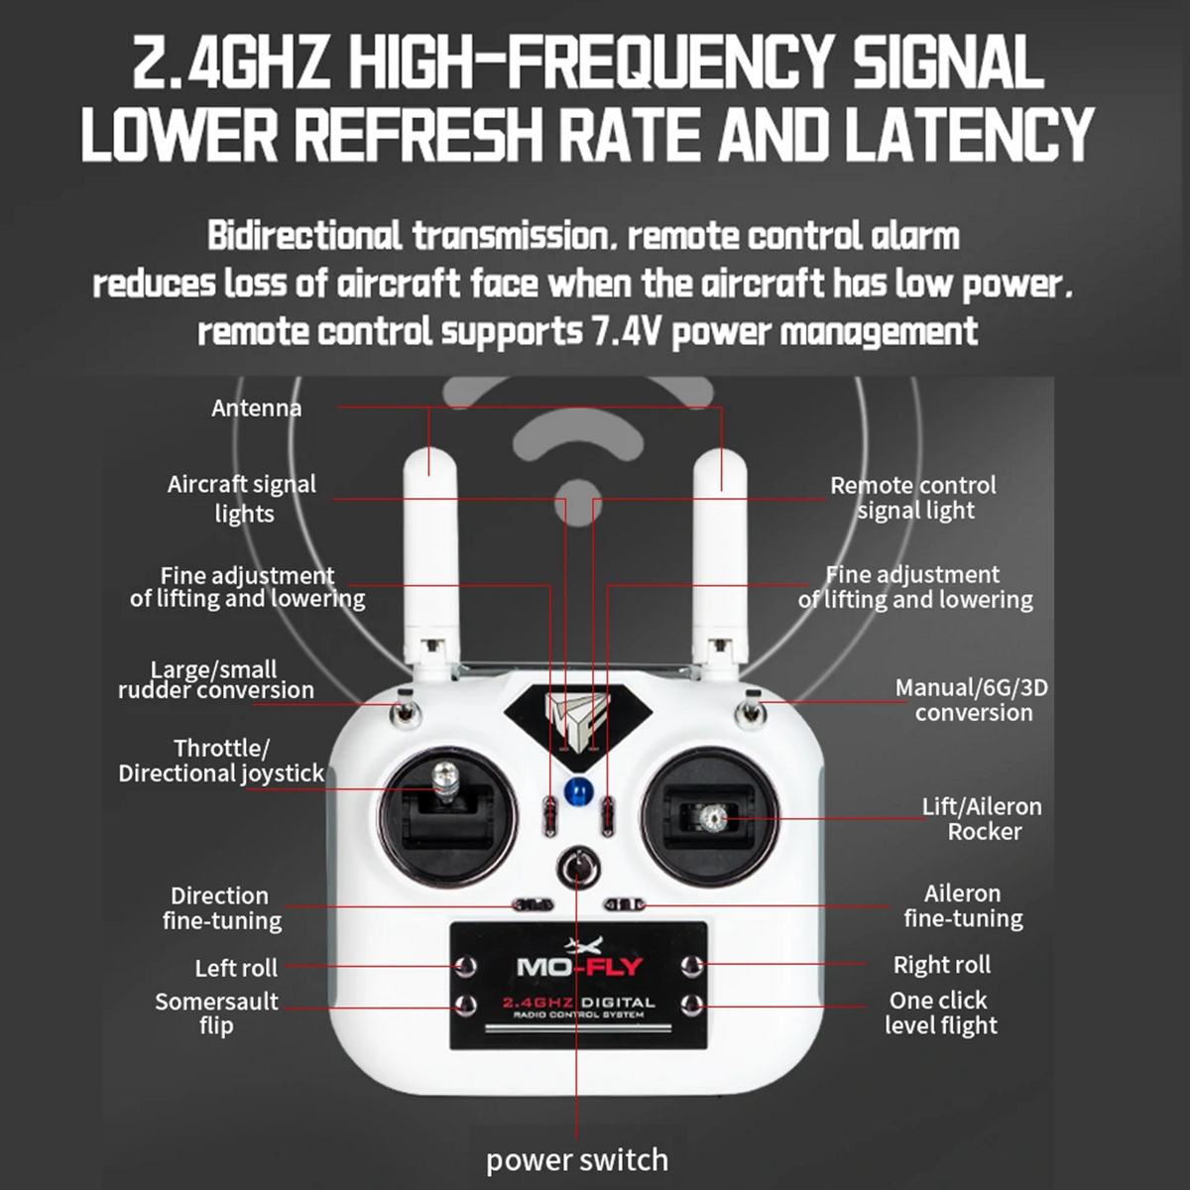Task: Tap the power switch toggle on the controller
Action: tap(577, 868)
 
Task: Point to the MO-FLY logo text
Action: tap(580, 967)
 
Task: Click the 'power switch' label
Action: tap(577, 1159)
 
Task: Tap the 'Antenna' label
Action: tap(256, 409)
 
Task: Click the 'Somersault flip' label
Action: tap(216, 1013)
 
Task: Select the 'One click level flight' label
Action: tap(940, 1012)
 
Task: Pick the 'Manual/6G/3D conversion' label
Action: tap(972, 700)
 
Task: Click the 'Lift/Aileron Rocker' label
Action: tap(982, 819)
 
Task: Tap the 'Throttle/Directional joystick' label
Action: tap(221, 761)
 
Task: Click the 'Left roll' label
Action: tap(236, 968)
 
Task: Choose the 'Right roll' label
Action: tap(942, 965)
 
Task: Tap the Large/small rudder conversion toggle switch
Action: tap(406, 710)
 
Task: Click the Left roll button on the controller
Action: tap(465, 966)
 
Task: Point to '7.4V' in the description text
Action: tap(626, 331)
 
